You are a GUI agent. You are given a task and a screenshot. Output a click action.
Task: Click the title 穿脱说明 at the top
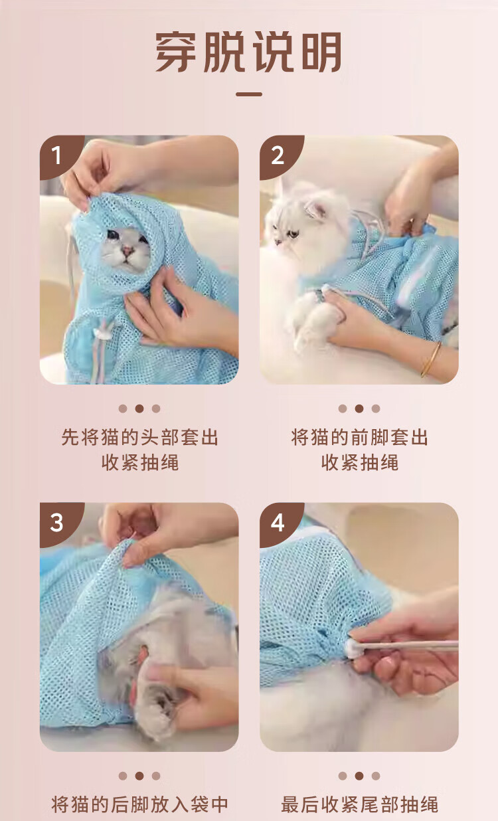(x=248, y=52)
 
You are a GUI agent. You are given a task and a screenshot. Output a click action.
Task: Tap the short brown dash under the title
(x=249, y=94)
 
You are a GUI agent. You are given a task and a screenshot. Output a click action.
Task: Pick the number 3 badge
(x=58, y=522)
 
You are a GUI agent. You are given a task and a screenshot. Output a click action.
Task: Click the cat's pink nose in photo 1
(x=127, y=250)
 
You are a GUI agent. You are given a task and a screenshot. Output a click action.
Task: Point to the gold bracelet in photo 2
(x=431, y=359)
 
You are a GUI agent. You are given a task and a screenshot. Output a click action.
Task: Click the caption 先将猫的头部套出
(x=139, y=437)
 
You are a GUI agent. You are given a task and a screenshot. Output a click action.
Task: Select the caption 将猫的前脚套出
(x=359, y=437)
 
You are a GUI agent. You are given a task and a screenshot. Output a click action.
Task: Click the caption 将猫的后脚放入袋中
(x=139, y=804)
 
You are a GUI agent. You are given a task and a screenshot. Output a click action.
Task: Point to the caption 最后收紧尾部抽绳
(x=359, y=804)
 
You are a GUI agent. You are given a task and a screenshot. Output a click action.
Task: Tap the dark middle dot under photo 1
(x=139, y=409)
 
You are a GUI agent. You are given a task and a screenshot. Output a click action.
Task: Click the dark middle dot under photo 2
(x=359, y=409)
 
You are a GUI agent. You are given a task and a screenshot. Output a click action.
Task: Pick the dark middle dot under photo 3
(x=139, y=776)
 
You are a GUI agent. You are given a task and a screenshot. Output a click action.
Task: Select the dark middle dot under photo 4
(x=359, y=776)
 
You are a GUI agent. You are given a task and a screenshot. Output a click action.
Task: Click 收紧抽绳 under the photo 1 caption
(x=139, y=462)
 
